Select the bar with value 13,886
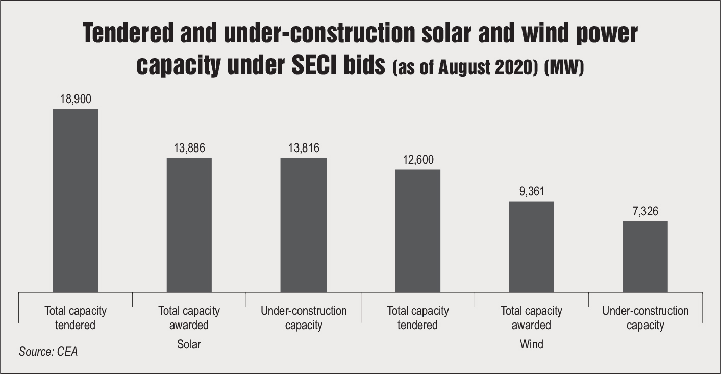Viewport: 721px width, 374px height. coord(189,225)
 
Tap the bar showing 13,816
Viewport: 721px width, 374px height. coord(304,225)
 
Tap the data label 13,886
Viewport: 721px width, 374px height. coord(189,148)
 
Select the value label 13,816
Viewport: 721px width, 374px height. coord(304,148)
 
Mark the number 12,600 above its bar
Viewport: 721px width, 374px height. coord(417,160)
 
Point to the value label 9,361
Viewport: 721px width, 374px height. coord(532,192)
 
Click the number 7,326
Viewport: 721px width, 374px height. coord(645,212)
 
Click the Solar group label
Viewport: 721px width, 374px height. coord(189,344)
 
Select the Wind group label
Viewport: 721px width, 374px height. coord(531,344)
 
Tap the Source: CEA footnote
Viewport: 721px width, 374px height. coord(48,352)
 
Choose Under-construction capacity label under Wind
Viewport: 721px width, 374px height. coord(645,318)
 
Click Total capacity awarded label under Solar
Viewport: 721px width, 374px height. coord(189,318)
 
